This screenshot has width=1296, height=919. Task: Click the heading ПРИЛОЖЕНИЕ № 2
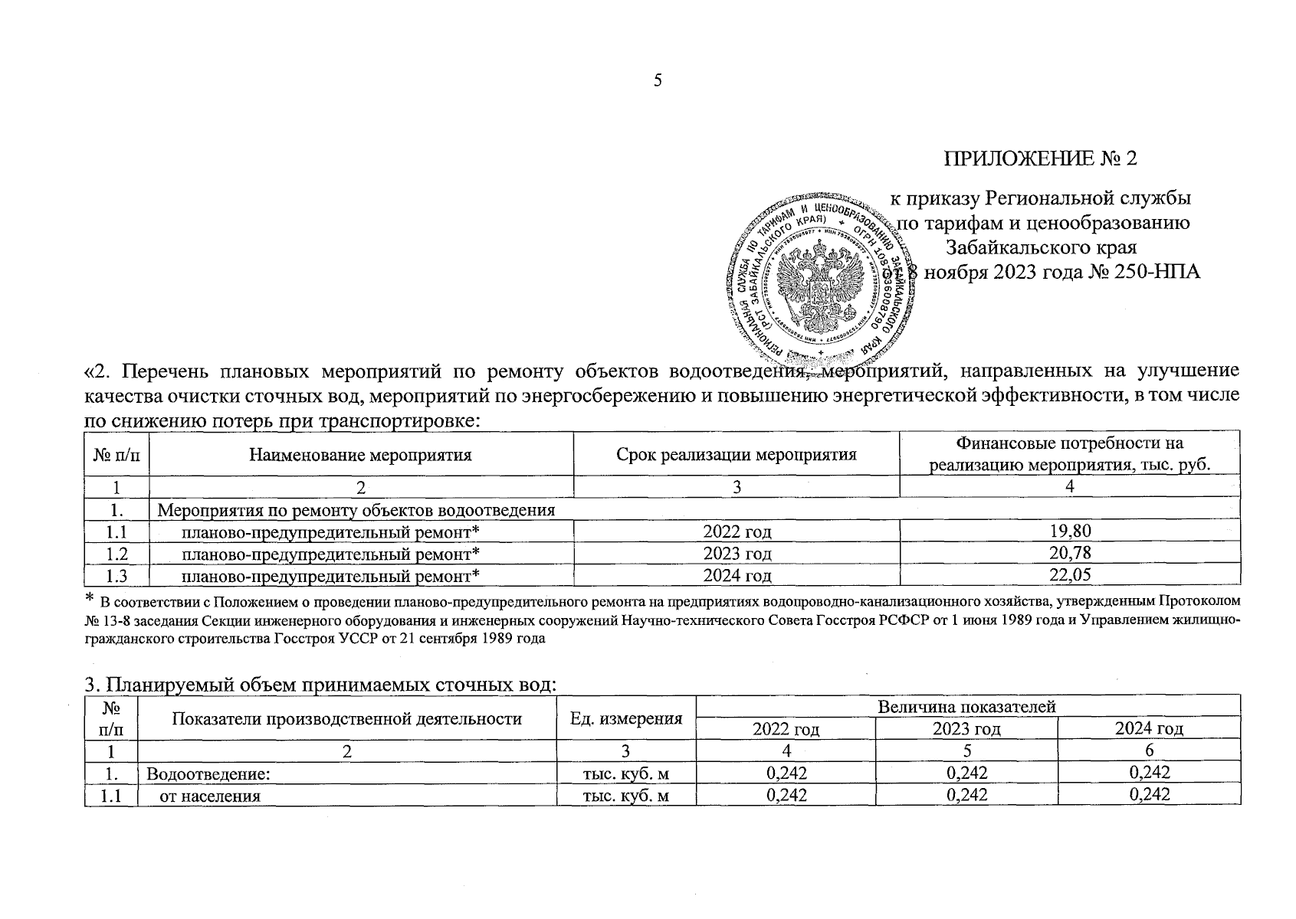coord(1040,159)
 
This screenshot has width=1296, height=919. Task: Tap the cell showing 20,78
coord(1069,553)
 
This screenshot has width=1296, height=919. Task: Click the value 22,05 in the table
coord(1069,575)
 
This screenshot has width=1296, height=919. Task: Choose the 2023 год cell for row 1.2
coord(737,553)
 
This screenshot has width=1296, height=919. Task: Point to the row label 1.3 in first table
coord(116,575)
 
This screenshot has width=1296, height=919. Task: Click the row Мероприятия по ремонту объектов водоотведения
coord(356,510)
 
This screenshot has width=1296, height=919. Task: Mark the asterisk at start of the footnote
coord(89,597)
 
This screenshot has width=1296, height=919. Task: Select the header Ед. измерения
coord(626,718)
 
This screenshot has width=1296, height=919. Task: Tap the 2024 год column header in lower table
coord(1149,729)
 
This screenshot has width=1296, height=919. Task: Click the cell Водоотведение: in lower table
coord(208,773)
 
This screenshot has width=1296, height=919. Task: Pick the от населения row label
coord(210,795)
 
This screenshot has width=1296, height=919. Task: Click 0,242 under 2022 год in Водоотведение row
coord(786,773)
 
